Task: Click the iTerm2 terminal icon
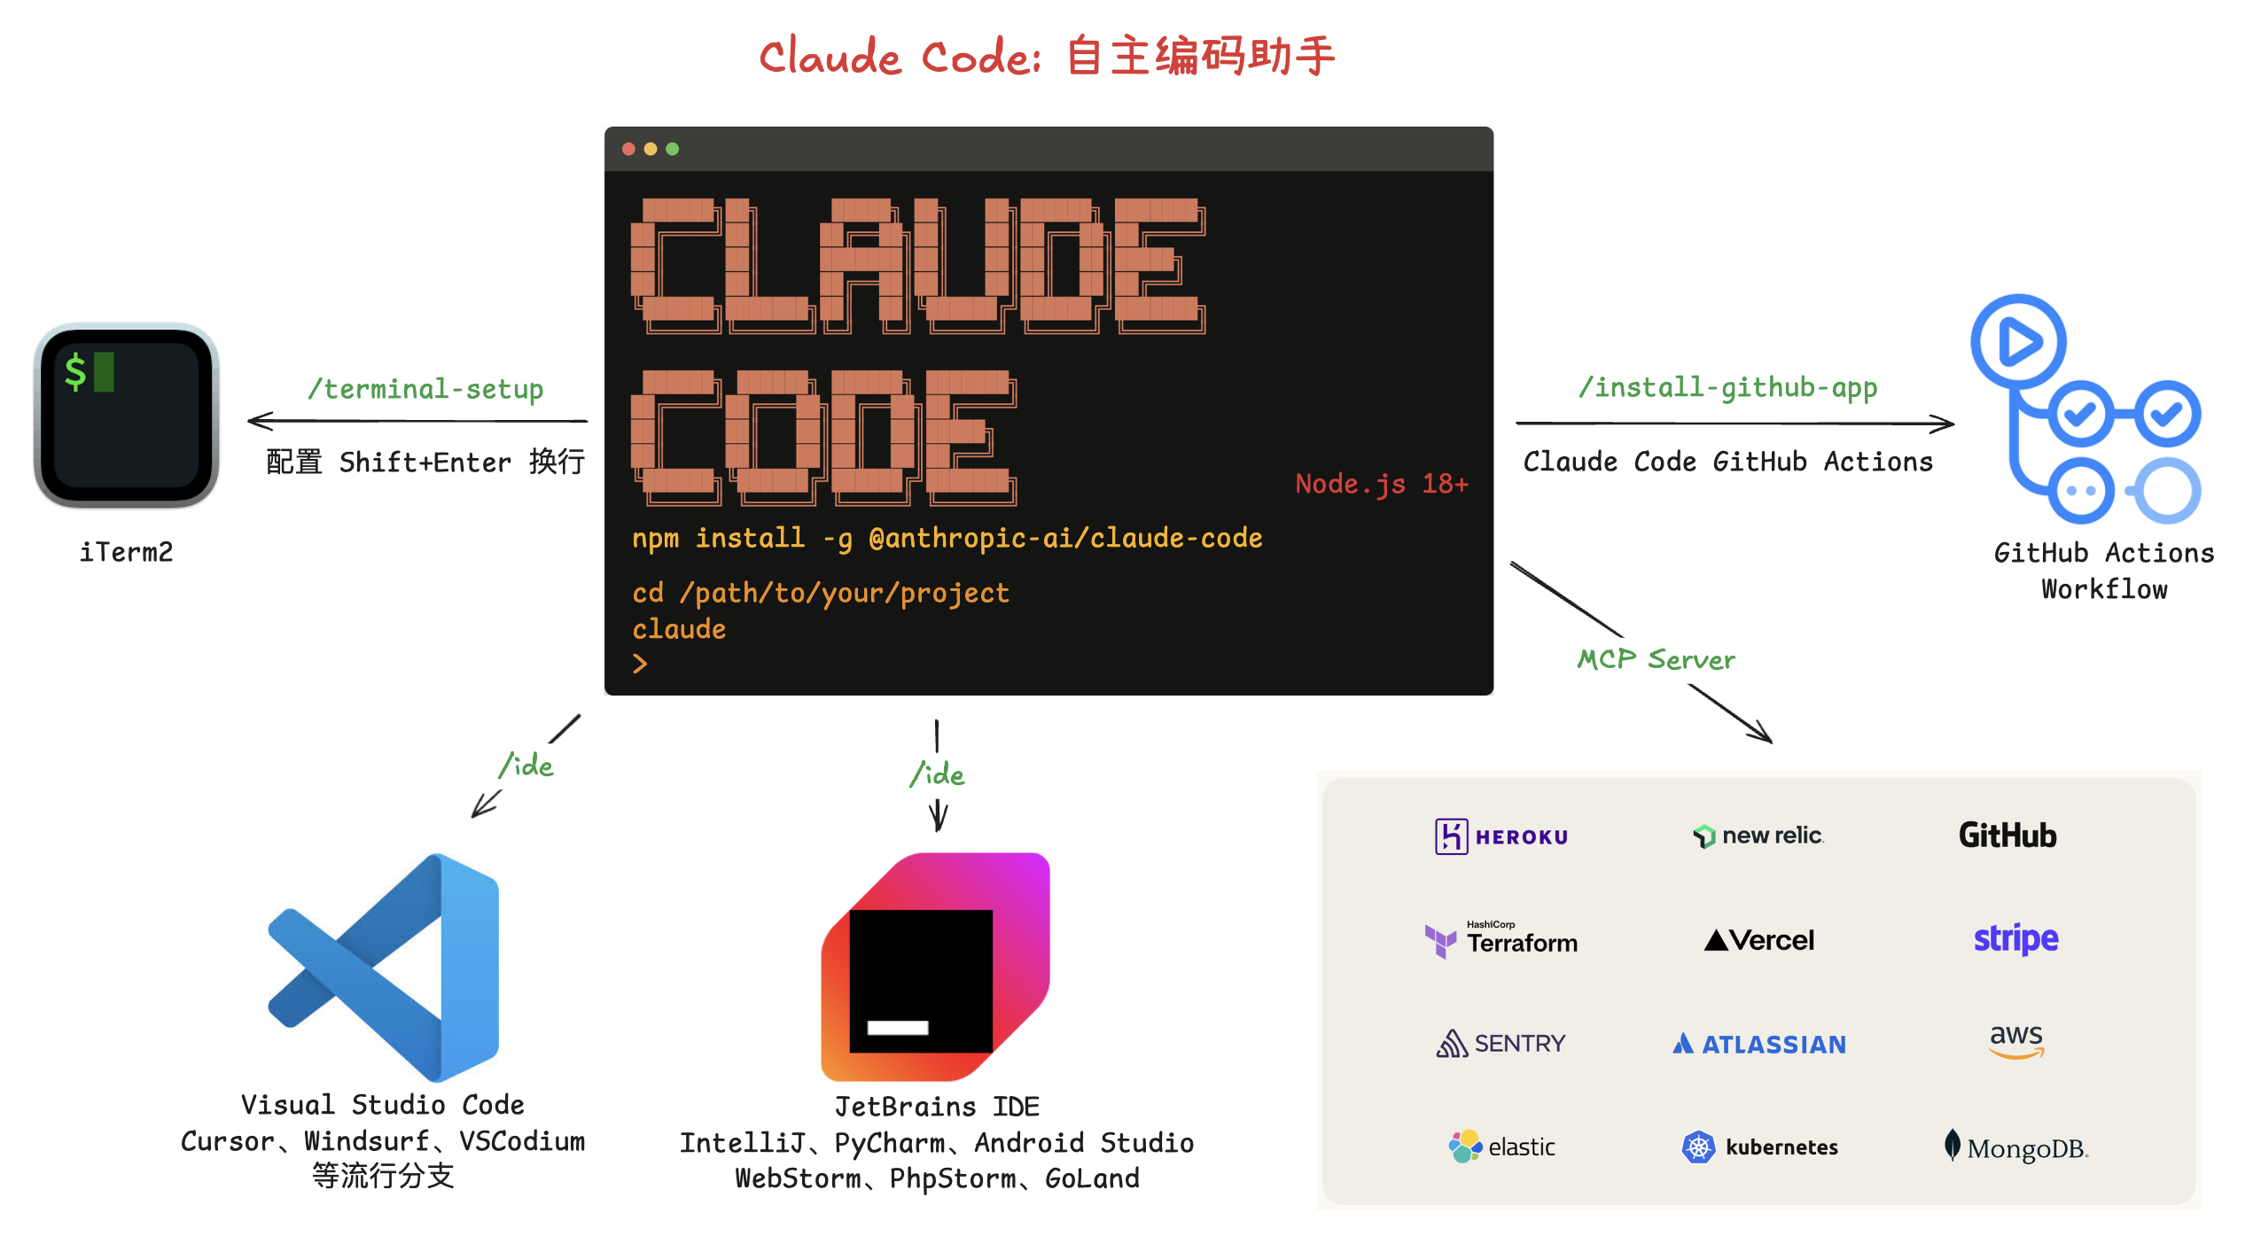click(x=127, y=415)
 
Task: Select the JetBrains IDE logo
click(x=936, y=967)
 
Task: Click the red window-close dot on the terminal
click(x=628, y=149)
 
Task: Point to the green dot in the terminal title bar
click(x=673, y=149)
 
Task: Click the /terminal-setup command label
click(x=425, y=389)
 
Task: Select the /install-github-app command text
click(x=1727, y=387)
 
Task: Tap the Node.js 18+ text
click(x=1381, y=484)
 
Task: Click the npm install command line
click(x=947, y=538)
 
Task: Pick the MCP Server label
click(x=1656, y=659)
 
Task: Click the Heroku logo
click(x=1501, y=836)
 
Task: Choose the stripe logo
click(x=2015, y=939)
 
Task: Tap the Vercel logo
click(x=1759, y=940)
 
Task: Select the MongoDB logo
click(x=2015, y=1147)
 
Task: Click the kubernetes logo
click(x=1759, y=1147)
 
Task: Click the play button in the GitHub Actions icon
click(x=2019, y=342)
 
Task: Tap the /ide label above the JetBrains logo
click(x=937, y=774)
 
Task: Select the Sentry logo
click(x=1501, y=1044)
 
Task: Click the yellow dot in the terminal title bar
click(x=651, y=149)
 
